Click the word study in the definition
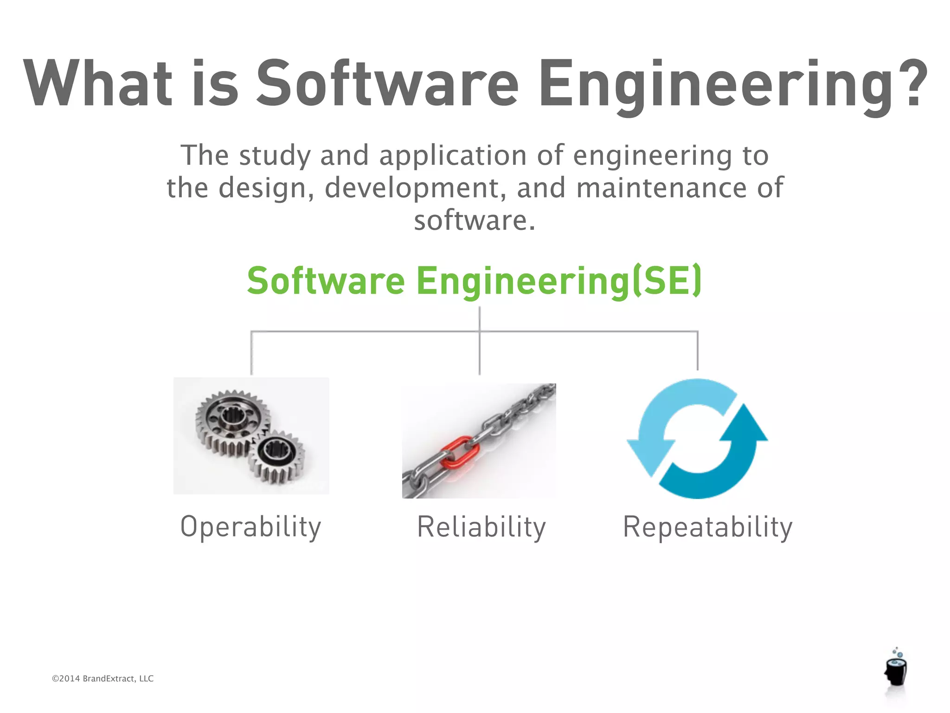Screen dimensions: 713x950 [275, 156]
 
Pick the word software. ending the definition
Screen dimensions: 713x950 [475, 220]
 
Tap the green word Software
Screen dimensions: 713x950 [326, 281]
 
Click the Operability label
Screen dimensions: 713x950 [250, 527]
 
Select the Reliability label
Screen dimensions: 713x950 [481, 527]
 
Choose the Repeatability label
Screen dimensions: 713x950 [707, 527]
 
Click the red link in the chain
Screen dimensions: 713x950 [459, 453]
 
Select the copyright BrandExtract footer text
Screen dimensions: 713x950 [103, 679]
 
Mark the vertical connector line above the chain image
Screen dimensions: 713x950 [479, 353]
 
